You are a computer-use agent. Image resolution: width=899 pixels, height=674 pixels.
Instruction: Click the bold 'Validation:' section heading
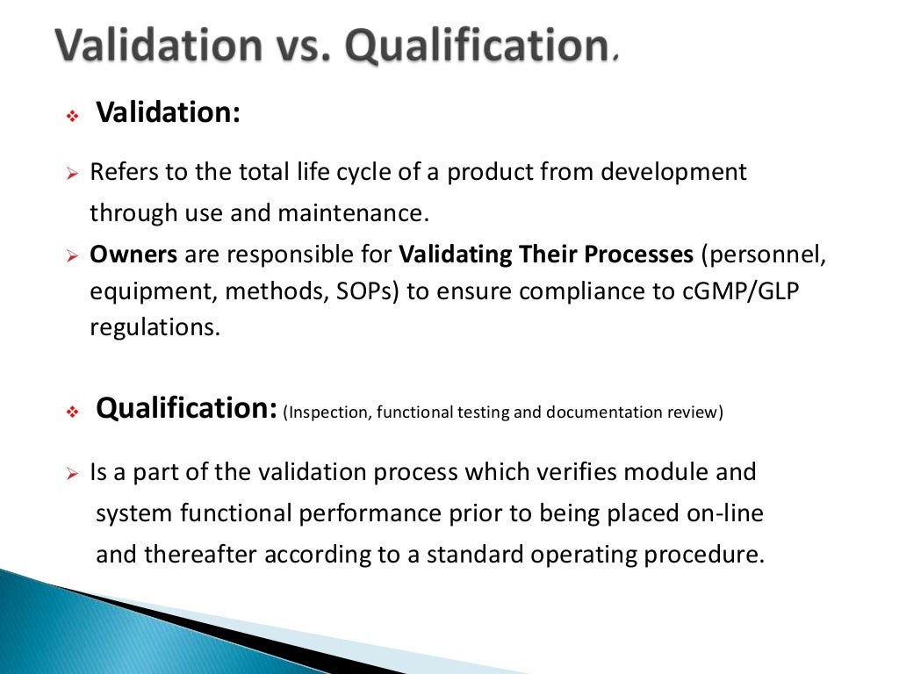click(x=168, y=112)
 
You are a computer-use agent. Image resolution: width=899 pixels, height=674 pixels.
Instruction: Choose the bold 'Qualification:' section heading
click(x=187, y=409)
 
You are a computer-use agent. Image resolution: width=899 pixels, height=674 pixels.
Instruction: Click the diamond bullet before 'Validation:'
click(x=73, y=116)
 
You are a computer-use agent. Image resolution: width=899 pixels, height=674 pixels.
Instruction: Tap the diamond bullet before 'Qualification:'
click(x=73, y=412)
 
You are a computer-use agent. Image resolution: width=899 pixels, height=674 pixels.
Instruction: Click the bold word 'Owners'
click(x=133, y=255)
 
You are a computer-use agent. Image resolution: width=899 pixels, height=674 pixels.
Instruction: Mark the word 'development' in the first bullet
click(x=672, y=172)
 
